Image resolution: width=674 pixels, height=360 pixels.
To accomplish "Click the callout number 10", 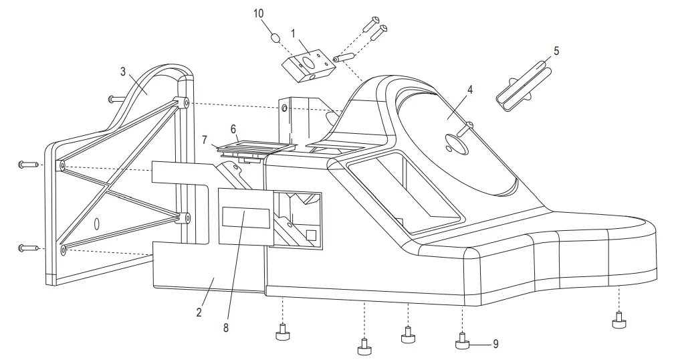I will pos(259,13).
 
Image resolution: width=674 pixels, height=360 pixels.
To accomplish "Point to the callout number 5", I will pos(556,50).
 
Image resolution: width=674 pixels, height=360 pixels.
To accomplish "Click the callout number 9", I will pos(495,344).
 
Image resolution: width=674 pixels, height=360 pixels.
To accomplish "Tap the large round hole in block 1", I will pos(310,64).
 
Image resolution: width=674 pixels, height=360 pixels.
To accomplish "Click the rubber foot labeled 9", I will pos(462,343).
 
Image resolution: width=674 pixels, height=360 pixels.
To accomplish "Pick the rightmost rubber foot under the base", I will pos(620,323).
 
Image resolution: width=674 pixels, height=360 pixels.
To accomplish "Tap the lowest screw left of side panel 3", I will pos(28,248).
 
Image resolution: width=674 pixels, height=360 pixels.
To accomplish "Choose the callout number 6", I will pos(234,127).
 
